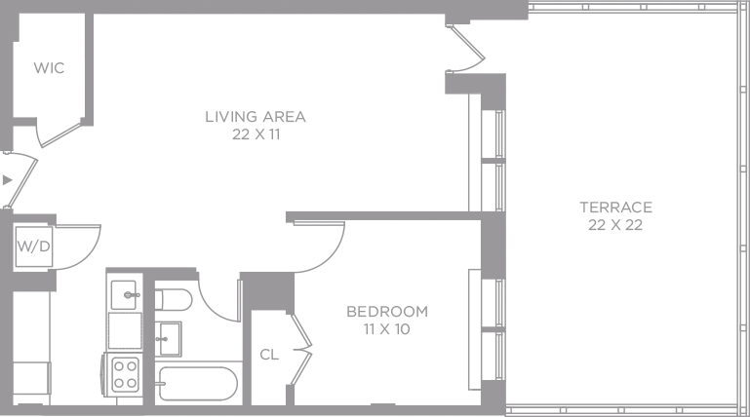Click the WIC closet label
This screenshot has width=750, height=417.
[49, 68]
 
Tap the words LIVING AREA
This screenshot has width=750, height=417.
[256, 117]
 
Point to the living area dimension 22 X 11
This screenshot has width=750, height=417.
[256, 135]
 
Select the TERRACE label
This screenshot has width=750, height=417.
[615, 208]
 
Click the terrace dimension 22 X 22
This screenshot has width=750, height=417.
[615, 225]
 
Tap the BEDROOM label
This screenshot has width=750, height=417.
[387, 312]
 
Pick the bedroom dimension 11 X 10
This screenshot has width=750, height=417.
[387, 329]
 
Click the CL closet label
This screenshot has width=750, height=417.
[269, 356]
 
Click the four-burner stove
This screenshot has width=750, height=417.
[126, 373]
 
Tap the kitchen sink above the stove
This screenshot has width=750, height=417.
[125, 293]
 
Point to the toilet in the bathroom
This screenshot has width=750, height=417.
[173, 297]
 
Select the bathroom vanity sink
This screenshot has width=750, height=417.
[169, 338]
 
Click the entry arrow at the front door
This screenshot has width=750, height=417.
[8, 180]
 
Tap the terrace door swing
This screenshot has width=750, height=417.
[466, 49]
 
